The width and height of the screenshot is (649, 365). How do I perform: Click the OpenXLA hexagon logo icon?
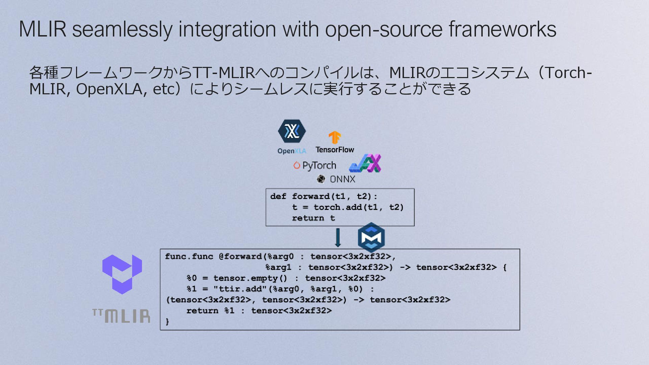pos(292,131)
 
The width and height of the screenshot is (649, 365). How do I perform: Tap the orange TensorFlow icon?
pos(335,138)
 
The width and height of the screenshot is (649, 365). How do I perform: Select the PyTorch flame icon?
pos(297,165)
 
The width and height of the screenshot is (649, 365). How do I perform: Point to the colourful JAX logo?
pos(365,164)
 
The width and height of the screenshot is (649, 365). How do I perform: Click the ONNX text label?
pos(342,179)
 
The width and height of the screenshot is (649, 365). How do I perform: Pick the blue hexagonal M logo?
pos(371,237)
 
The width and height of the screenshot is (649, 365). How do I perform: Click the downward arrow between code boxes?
pos(338,238)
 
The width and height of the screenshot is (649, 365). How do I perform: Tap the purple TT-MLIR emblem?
pos(122,274)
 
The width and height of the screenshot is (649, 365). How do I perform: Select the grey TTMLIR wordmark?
pos(121,316)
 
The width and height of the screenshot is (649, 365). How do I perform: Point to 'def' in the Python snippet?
pos(278,196)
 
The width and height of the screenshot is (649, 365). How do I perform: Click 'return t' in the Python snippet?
pos(313,218)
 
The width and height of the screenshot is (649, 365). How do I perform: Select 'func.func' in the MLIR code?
pos(189,257)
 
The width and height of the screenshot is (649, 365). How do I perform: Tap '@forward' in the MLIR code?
pos(241,257)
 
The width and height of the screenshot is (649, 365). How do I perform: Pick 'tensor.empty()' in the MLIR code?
pos(250,278)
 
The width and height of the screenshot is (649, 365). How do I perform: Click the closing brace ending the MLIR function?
pos(167,321)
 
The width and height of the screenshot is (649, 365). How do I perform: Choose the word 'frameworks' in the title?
pos(502,29)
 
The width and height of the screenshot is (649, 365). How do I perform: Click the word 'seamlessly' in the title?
pos(122,29)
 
